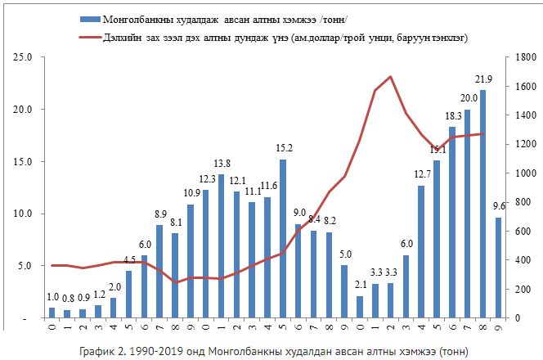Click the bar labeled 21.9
coord(482,205)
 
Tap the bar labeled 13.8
coord(221,245)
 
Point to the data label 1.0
coord(52,297)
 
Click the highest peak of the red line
coord(391,77)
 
